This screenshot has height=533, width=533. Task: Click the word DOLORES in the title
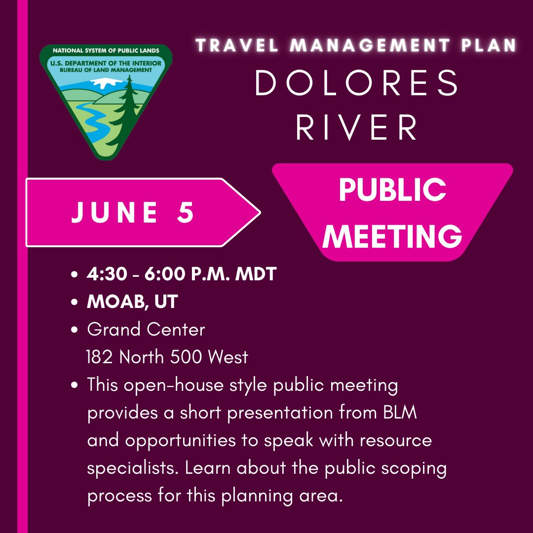coord(357,82)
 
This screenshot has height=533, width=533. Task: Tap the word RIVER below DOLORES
coord(357,127)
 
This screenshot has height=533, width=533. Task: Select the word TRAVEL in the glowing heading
coord(237,45)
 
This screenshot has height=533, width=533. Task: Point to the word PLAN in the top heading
coord(489,45)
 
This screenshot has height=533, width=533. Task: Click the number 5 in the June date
coord(185,212)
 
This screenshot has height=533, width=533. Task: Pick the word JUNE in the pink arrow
coord(114,212)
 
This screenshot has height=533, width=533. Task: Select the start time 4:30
coord(107,273)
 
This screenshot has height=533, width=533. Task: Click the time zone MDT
coord(256,273)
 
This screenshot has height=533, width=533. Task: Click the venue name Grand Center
coord(146,329)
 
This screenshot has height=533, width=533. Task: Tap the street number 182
coord(99,357)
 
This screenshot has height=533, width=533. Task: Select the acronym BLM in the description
coord(400,412)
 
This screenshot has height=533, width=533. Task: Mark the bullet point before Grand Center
coord(75,329)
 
